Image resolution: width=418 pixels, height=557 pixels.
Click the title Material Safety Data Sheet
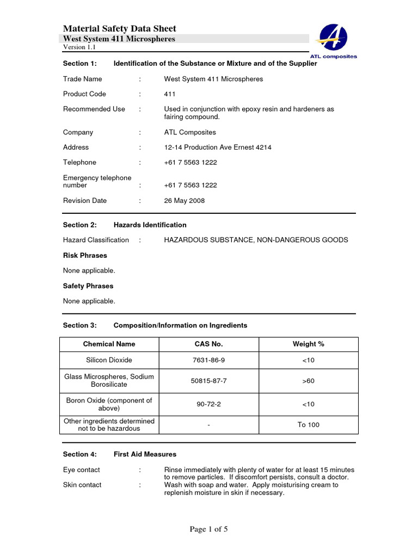point(120,29)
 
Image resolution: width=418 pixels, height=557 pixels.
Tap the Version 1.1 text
point(79,47)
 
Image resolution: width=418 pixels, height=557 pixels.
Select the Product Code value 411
point(170,94)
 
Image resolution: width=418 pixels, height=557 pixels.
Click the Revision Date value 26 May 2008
point(185,201)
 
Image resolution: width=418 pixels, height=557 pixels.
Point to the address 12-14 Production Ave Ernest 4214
point(218,147)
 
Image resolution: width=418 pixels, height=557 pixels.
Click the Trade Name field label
point(82,79)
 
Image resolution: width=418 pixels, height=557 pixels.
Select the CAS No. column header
point(208,344)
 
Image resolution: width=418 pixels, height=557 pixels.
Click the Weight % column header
point(308,344)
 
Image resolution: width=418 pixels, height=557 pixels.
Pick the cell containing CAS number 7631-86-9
point(208,360)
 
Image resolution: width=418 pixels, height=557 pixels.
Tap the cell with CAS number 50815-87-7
point(208,381)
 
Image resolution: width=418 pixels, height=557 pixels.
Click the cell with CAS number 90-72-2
point(208,404)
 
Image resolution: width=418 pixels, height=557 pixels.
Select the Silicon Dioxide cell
point(109,360)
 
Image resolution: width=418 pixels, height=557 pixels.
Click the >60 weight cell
point(308,381)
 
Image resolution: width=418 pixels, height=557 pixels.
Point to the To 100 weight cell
point(308,425)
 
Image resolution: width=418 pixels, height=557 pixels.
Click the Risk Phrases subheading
point(85,256)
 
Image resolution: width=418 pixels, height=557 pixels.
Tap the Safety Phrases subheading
point(88,286)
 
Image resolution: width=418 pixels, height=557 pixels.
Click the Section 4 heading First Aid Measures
point(145,454)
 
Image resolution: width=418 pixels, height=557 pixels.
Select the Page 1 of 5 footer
point(208,530)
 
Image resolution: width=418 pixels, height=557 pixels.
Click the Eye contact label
point(82,469)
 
